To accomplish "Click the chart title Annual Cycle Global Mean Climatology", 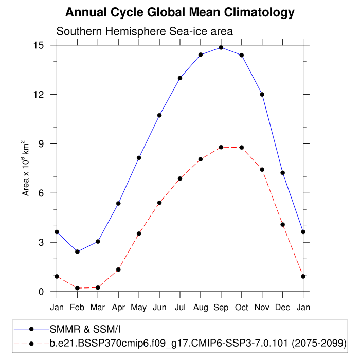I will (180, 12).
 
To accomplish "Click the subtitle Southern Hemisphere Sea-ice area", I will (145, 31).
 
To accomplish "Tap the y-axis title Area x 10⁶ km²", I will (26, 168).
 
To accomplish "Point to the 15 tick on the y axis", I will (45, 45).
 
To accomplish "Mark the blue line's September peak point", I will (221, 47).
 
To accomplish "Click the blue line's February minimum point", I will (77, 251).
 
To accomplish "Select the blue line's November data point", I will (262, 94).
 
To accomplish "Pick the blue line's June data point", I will (159, 115).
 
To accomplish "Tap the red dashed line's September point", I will (221, 147).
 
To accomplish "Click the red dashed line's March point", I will (98, 287).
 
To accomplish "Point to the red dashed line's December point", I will (283, 224).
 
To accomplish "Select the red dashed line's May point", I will (139, 233).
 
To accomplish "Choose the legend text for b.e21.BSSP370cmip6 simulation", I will (197, 343).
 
